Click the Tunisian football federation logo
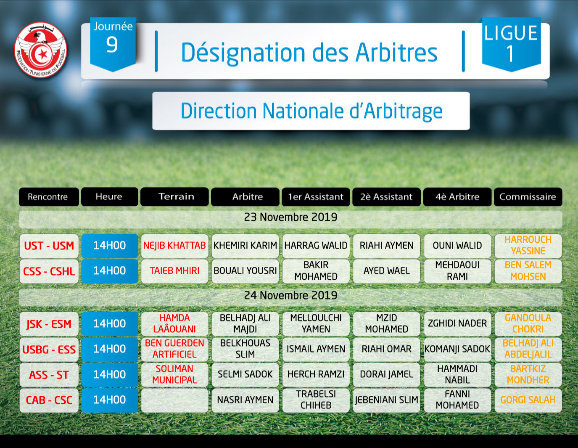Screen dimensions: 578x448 [41, 50]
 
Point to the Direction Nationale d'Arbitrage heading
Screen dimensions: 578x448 [311, 111]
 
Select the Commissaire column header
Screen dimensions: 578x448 [528, 197]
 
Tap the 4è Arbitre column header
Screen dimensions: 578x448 [457, 197]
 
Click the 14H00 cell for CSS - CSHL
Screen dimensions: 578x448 [110, 271]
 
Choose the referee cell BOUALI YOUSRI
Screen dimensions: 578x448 [245, 271]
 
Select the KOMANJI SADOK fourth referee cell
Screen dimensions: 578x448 [457, 349]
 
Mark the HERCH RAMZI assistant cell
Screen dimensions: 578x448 [316, 374]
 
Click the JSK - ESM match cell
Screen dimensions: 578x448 [49, 324]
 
